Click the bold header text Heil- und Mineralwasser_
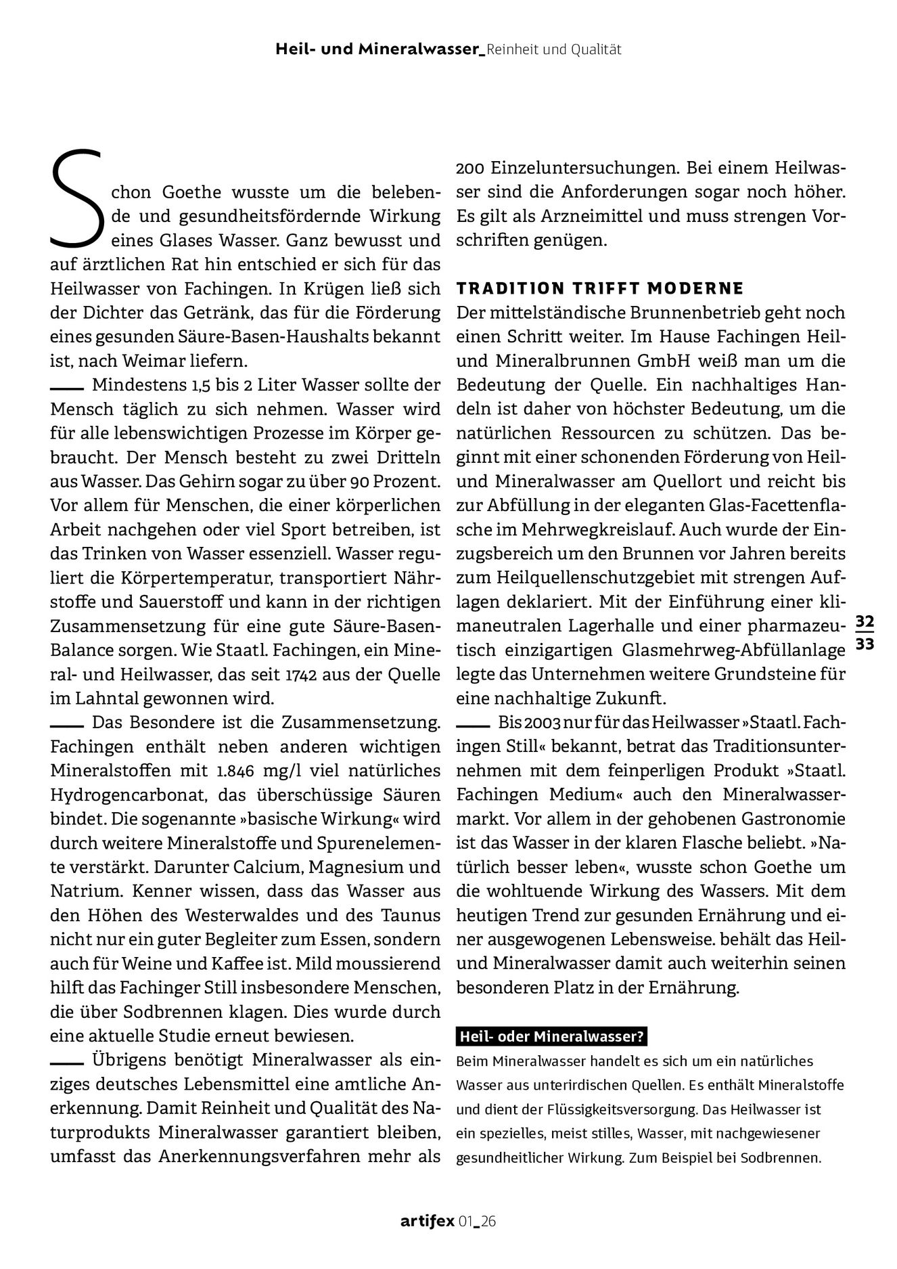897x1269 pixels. [x=380, y=49]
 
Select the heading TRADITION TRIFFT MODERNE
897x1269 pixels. [x=600, y=289]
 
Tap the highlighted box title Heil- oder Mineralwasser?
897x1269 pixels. [x=551, y=1037]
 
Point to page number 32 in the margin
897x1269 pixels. [x=865, y=621]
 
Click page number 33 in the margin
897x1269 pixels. [x=865, y=645]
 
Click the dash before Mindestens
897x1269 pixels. [x=66, y=389]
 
